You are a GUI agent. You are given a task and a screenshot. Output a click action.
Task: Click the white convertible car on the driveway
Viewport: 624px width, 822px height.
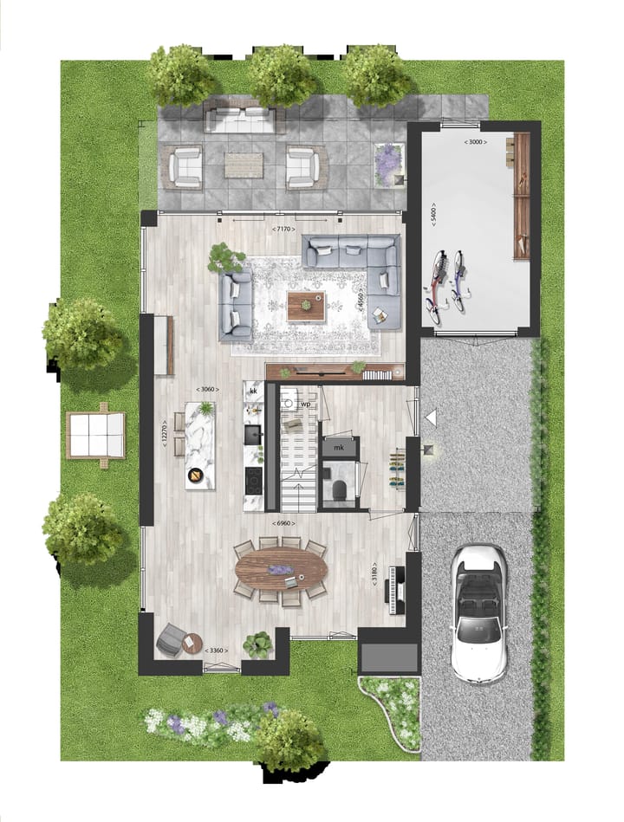(x=478, y=612)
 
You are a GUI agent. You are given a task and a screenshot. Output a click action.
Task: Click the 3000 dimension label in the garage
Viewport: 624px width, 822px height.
(x=474, y=141)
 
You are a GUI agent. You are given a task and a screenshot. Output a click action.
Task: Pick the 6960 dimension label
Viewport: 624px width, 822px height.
(x=283, y=524)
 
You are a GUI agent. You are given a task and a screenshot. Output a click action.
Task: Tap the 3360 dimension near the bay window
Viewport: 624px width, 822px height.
(x=219, y=650)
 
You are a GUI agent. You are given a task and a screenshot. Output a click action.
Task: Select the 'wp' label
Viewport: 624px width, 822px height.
(x=306, y=405)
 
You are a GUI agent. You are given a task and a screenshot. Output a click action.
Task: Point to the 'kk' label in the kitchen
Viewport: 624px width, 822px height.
(x=253, y=392)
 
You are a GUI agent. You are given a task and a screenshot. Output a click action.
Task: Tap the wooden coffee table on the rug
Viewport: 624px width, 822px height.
(x=306, y=306)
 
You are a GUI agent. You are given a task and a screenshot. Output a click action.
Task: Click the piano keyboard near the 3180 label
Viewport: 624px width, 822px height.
(x=400, y=589)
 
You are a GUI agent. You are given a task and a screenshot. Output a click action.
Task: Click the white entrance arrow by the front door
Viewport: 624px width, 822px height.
(x=431, y=418)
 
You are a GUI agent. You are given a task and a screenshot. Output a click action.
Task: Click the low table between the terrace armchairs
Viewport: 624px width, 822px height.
(x=243, y=164)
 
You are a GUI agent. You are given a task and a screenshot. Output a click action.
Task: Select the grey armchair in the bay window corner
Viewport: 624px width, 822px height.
(x=173, y=639)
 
